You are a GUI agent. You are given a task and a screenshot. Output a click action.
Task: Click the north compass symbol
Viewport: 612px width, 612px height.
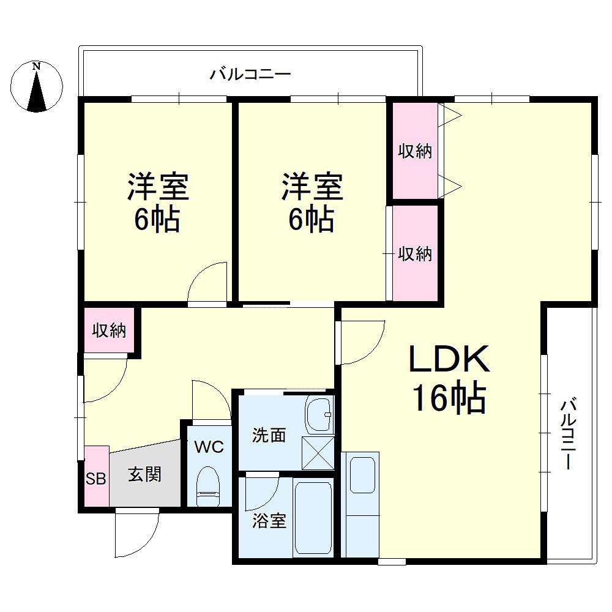[37, 86]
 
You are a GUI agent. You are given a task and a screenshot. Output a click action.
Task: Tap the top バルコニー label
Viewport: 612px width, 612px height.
[250, 75]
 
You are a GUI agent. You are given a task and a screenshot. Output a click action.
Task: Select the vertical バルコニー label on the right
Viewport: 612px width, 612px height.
[569, 434]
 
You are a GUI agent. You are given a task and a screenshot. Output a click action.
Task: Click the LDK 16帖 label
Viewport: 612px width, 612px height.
[450, 379]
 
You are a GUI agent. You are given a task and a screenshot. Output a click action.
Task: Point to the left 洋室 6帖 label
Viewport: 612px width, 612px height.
[157, 203]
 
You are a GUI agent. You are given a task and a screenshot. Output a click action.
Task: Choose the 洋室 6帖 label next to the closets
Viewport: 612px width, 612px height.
[312, 203]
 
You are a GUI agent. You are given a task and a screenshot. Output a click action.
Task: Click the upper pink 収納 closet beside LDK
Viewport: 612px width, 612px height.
[415, 151]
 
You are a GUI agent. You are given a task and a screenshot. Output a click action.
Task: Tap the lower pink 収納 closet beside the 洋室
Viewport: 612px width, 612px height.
[415, 253]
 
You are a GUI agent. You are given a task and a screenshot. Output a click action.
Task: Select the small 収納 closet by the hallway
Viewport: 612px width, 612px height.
[109, 331]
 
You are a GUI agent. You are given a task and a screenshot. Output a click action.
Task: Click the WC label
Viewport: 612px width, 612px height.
[209, 446]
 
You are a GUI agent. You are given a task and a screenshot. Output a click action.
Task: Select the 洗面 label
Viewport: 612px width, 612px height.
[269, 435]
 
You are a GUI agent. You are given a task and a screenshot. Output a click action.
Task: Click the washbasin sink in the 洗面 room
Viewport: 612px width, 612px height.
[319, 414]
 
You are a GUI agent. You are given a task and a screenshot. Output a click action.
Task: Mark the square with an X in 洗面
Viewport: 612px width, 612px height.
[319, 452]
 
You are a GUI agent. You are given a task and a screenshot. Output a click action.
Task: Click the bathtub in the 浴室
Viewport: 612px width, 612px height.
[313, 518]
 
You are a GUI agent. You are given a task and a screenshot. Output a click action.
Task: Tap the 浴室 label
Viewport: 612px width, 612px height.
[269, 521]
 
